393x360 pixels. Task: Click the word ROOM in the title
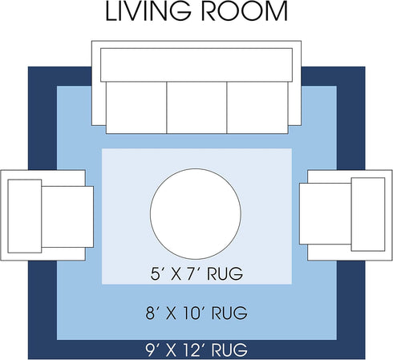[x=244, y=11]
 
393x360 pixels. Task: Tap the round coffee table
[x=196, y=214]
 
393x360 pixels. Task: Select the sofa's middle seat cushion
[x=196, y=107]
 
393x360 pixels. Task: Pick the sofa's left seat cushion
[x=136, y=107]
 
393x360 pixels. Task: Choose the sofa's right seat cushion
[x=257, y=107]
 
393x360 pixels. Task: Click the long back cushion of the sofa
[x=196, y=65]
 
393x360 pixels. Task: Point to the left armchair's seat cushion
[x=67, y=216]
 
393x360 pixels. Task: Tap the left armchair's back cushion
[x=25, y=216]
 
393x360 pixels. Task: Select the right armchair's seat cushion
[x=326, y=213]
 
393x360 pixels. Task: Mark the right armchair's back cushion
[x=368, y=214]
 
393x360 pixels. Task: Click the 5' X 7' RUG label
[x=196, y=273]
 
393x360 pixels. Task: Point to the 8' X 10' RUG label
[x=196, y=313]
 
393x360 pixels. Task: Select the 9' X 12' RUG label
[x=196, y=350]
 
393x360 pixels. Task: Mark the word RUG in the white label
[x=229, y=350]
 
